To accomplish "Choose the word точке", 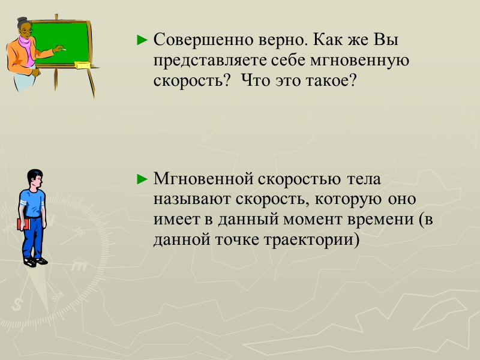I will coord(237,238).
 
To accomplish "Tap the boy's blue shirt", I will coord(33,202).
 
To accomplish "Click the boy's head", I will coord(35,178).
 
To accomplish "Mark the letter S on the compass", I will coord(17,305).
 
